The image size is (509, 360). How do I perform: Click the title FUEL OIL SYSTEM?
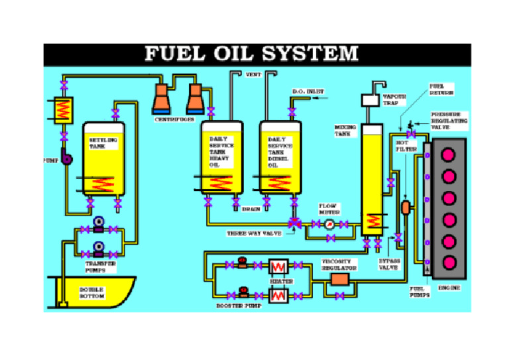pos(251,54)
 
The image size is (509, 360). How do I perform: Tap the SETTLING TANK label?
pos(103,143)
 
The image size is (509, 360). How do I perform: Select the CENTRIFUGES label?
pos(175,119)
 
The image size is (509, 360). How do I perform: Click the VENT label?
pos(253,75)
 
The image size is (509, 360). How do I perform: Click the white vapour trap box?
pos(369,100)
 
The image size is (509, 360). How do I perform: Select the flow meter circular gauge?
pos(329,225)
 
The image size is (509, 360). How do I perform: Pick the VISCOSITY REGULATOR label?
pos(339,265)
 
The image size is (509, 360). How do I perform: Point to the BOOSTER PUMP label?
pos(239,306)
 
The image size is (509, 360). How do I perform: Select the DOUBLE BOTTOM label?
pos(92,292)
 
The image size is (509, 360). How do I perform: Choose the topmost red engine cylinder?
pos(449,155)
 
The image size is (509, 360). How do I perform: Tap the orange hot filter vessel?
pos(406,208)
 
